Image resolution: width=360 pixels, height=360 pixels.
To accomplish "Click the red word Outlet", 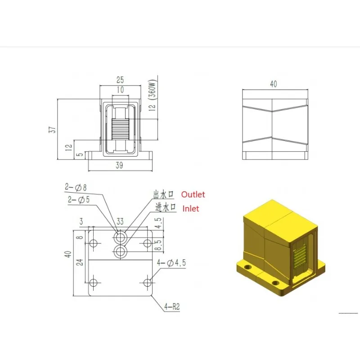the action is point(193,194).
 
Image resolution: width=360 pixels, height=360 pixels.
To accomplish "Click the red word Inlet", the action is point(190,209).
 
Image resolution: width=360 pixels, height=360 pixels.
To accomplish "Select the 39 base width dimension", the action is point(119,165).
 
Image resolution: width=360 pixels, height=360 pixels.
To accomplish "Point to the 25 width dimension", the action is point(120,80).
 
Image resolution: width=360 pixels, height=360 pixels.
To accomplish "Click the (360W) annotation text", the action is point(153,90).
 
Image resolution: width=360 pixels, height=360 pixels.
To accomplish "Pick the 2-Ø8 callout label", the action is point(76,187).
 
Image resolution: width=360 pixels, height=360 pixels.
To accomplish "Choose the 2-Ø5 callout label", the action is point(78,199).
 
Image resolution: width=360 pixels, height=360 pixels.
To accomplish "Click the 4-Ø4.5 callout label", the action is point(171,263).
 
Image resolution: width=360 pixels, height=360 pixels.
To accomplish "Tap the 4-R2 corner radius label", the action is point(172,306).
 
